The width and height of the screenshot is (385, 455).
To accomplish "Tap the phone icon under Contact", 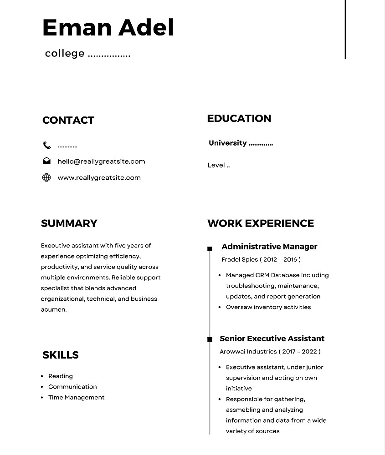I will click(x=47, y=145).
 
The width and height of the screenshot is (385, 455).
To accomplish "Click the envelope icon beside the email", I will click(x=46, y=161).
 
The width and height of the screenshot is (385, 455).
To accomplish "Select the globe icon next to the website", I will click(x=46, y=177).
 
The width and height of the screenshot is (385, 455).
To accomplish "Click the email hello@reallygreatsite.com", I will click(x=101, y=162).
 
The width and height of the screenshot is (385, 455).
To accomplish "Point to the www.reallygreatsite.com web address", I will click(x=99, y=178).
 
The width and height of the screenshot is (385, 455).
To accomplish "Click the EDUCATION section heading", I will click(x=239, y=118).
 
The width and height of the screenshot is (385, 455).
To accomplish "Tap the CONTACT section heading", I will click(x=68, y=120).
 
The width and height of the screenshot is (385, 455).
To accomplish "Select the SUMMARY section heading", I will click(x=69, y=223).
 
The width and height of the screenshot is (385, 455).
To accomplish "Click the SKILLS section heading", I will click(x=60, y=355).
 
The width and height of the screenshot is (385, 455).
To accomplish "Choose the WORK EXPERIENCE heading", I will click(x=261, y=223).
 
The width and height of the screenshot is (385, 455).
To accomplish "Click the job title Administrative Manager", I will click(x=269, y=247).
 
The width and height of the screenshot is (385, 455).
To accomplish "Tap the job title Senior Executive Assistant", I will click(x=272, y=339).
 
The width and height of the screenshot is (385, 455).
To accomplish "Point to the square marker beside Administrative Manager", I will click(x=210, y=248).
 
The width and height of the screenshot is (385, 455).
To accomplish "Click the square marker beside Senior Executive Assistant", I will click(x=210, y=339).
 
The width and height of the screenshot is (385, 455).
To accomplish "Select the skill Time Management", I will click(x=76, y=398).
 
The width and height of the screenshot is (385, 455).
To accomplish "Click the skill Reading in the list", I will click(x=61, y=376).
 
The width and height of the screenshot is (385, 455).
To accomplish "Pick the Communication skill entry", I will click(x=72, y=387).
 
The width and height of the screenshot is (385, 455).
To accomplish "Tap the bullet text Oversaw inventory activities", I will click(x=268, y=307).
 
